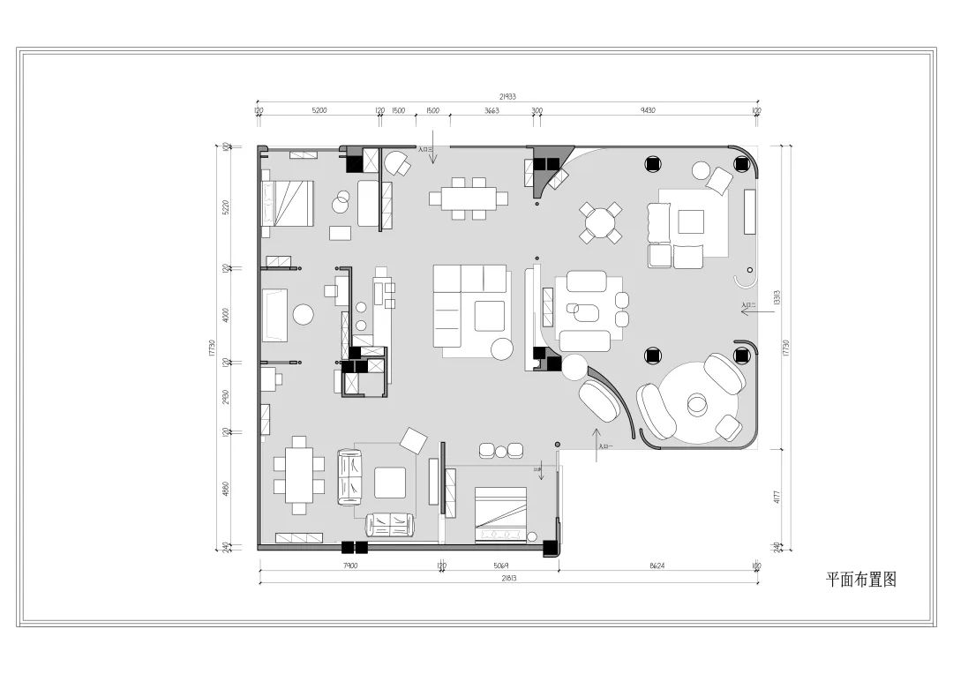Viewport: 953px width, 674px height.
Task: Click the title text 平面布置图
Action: [x=860, y=580]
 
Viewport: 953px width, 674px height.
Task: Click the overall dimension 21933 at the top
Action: [x=507, y=96]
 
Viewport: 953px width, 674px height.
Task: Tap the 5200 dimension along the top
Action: [x=319, y=111]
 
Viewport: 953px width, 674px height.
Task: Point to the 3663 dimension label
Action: [x=492, y=111]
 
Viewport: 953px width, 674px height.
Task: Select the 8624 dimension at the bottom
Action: [x=657, y=565]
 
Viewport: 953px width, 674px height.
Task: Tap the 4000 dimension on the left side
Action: [x=226, y=315]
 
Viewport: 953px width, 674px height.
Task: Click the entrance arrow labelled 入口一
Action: [x=597, y=437]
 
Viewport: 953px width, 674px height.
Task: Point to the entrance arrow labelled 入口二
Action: [x=748, y=308]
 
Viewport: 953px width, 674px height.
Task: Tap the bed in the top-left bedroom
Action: [x=287, y=202]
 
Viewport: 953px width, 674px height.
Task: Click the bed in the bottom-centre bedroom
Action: [x=500, y=515]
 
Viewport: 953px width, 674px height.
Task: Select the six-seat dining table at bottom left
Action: [x=299, y=475]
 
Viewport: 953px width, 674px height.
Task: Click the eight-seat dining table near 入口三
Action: [x=464, y=198]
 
